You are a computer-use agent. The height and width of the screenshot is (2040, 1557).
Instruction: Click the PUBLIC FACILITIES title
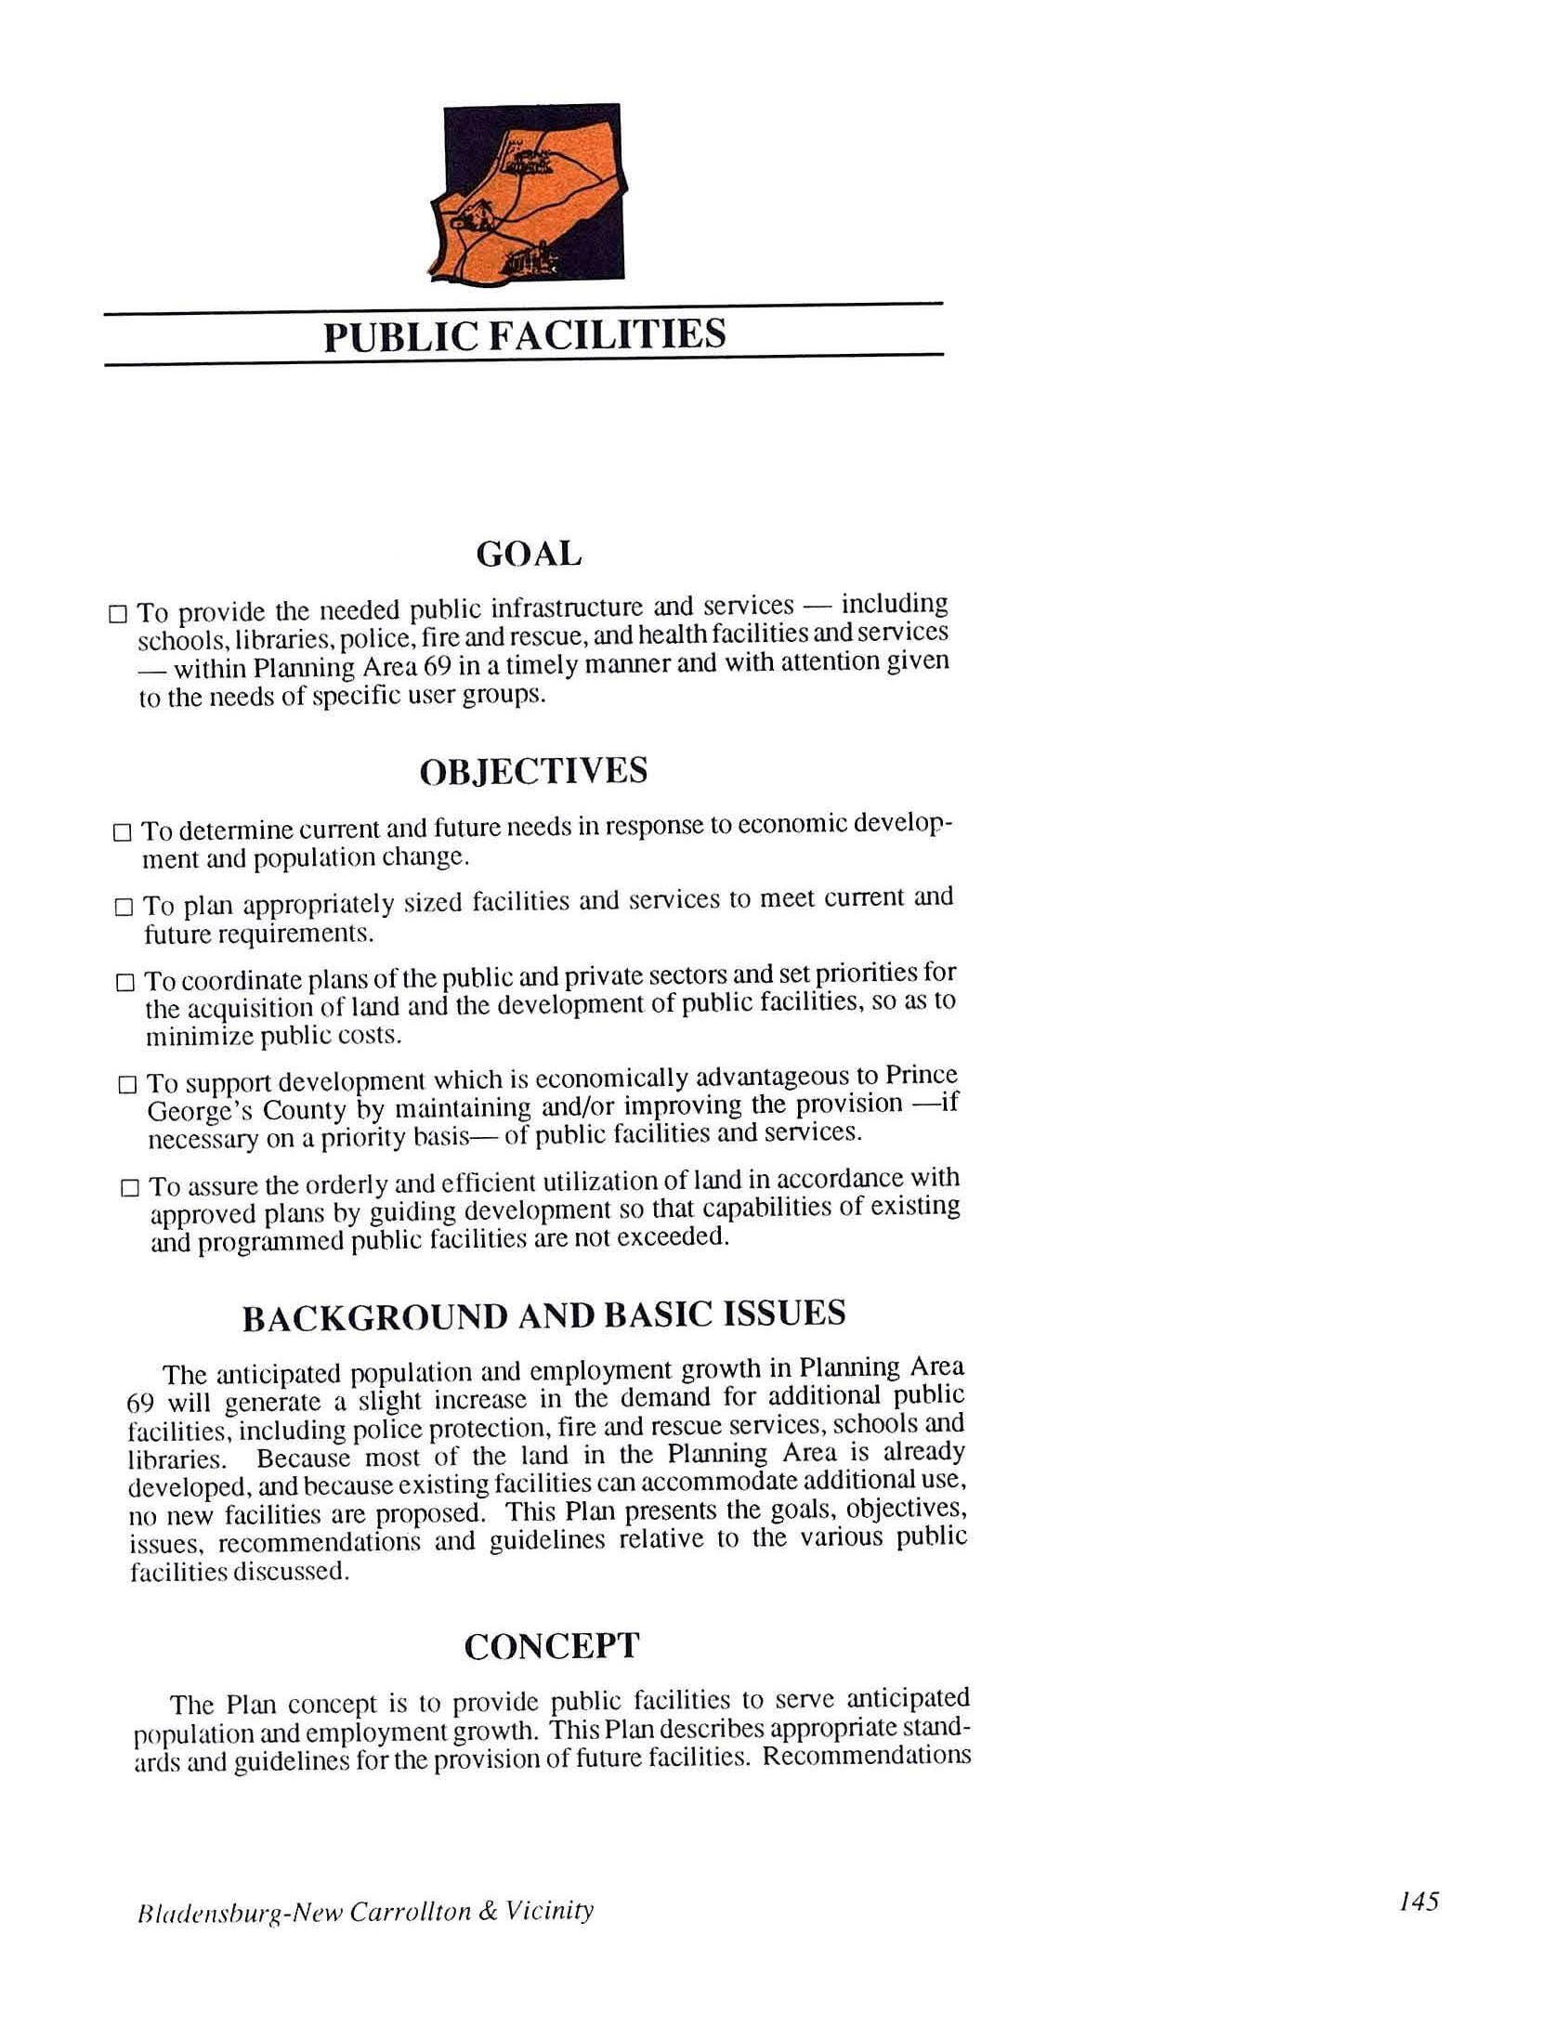(524, 334)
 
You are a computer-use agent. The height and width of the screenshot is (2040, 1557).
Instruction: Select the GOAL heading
(529, 555)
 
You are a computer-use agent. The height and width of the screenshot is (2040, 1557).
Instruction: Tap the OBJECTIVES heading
(533, 771)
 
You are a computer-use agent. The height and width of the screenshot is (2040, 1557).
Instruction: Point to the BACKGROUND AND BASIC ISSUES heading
(543, 1316)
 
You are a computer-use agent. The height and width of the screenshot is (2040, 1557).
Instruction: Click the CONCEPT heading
(551, 1646)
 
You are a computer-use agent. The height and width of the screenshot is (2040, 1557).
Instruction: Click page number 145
(1419, 1901)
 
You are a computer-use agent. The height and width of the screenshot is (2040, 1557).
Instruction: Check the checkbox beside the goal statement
(118, 613)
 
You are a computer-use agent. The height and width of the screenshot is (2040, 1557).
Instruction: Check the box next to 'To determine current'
(122, 832)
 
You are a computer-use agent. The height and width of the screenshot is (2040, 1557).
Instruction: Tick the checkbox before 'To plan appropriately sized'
(124, 908)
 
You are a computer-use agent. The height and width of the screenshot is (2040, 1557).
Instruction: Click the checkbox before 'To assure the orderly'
(130, 1188)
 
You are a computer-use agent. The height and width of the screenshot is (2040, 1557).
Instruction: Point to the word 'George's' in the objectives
(194, 1111)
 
